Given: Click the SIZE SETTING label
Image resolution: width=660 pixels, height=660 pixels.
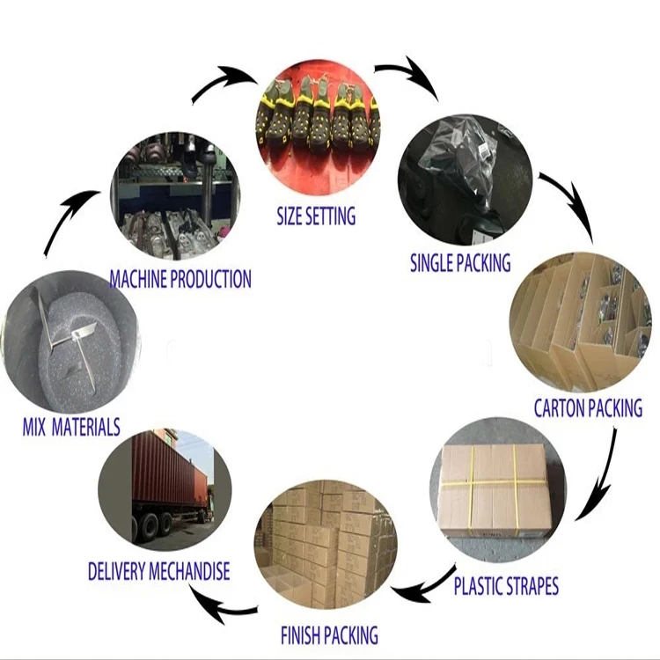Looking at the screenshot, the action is pos(316,216).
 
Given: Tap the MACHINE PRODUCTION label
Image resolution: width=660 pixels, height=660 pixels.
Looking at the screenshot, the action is pos(180,280).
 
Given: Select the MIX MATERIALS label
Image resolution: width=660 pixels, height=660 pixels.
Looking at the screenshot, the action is pos(71,428).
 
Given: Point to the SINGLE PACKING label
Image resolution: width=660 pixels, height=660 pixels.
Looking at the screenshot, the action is pos(460,262).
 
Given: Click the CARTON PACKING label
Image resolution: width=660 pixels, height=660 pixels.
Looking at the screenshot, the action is pos(588,408).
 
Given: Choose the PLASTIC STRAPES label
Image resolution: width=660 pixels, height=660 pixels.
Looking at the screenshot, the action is pos(506,585).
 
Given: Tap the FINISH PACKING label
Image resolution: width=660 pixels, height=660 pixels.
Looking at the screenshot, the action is pos(329,634).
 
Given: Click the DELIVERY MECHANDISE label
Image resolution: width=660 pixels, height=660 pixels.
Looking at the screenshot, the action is pos(158,571).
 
